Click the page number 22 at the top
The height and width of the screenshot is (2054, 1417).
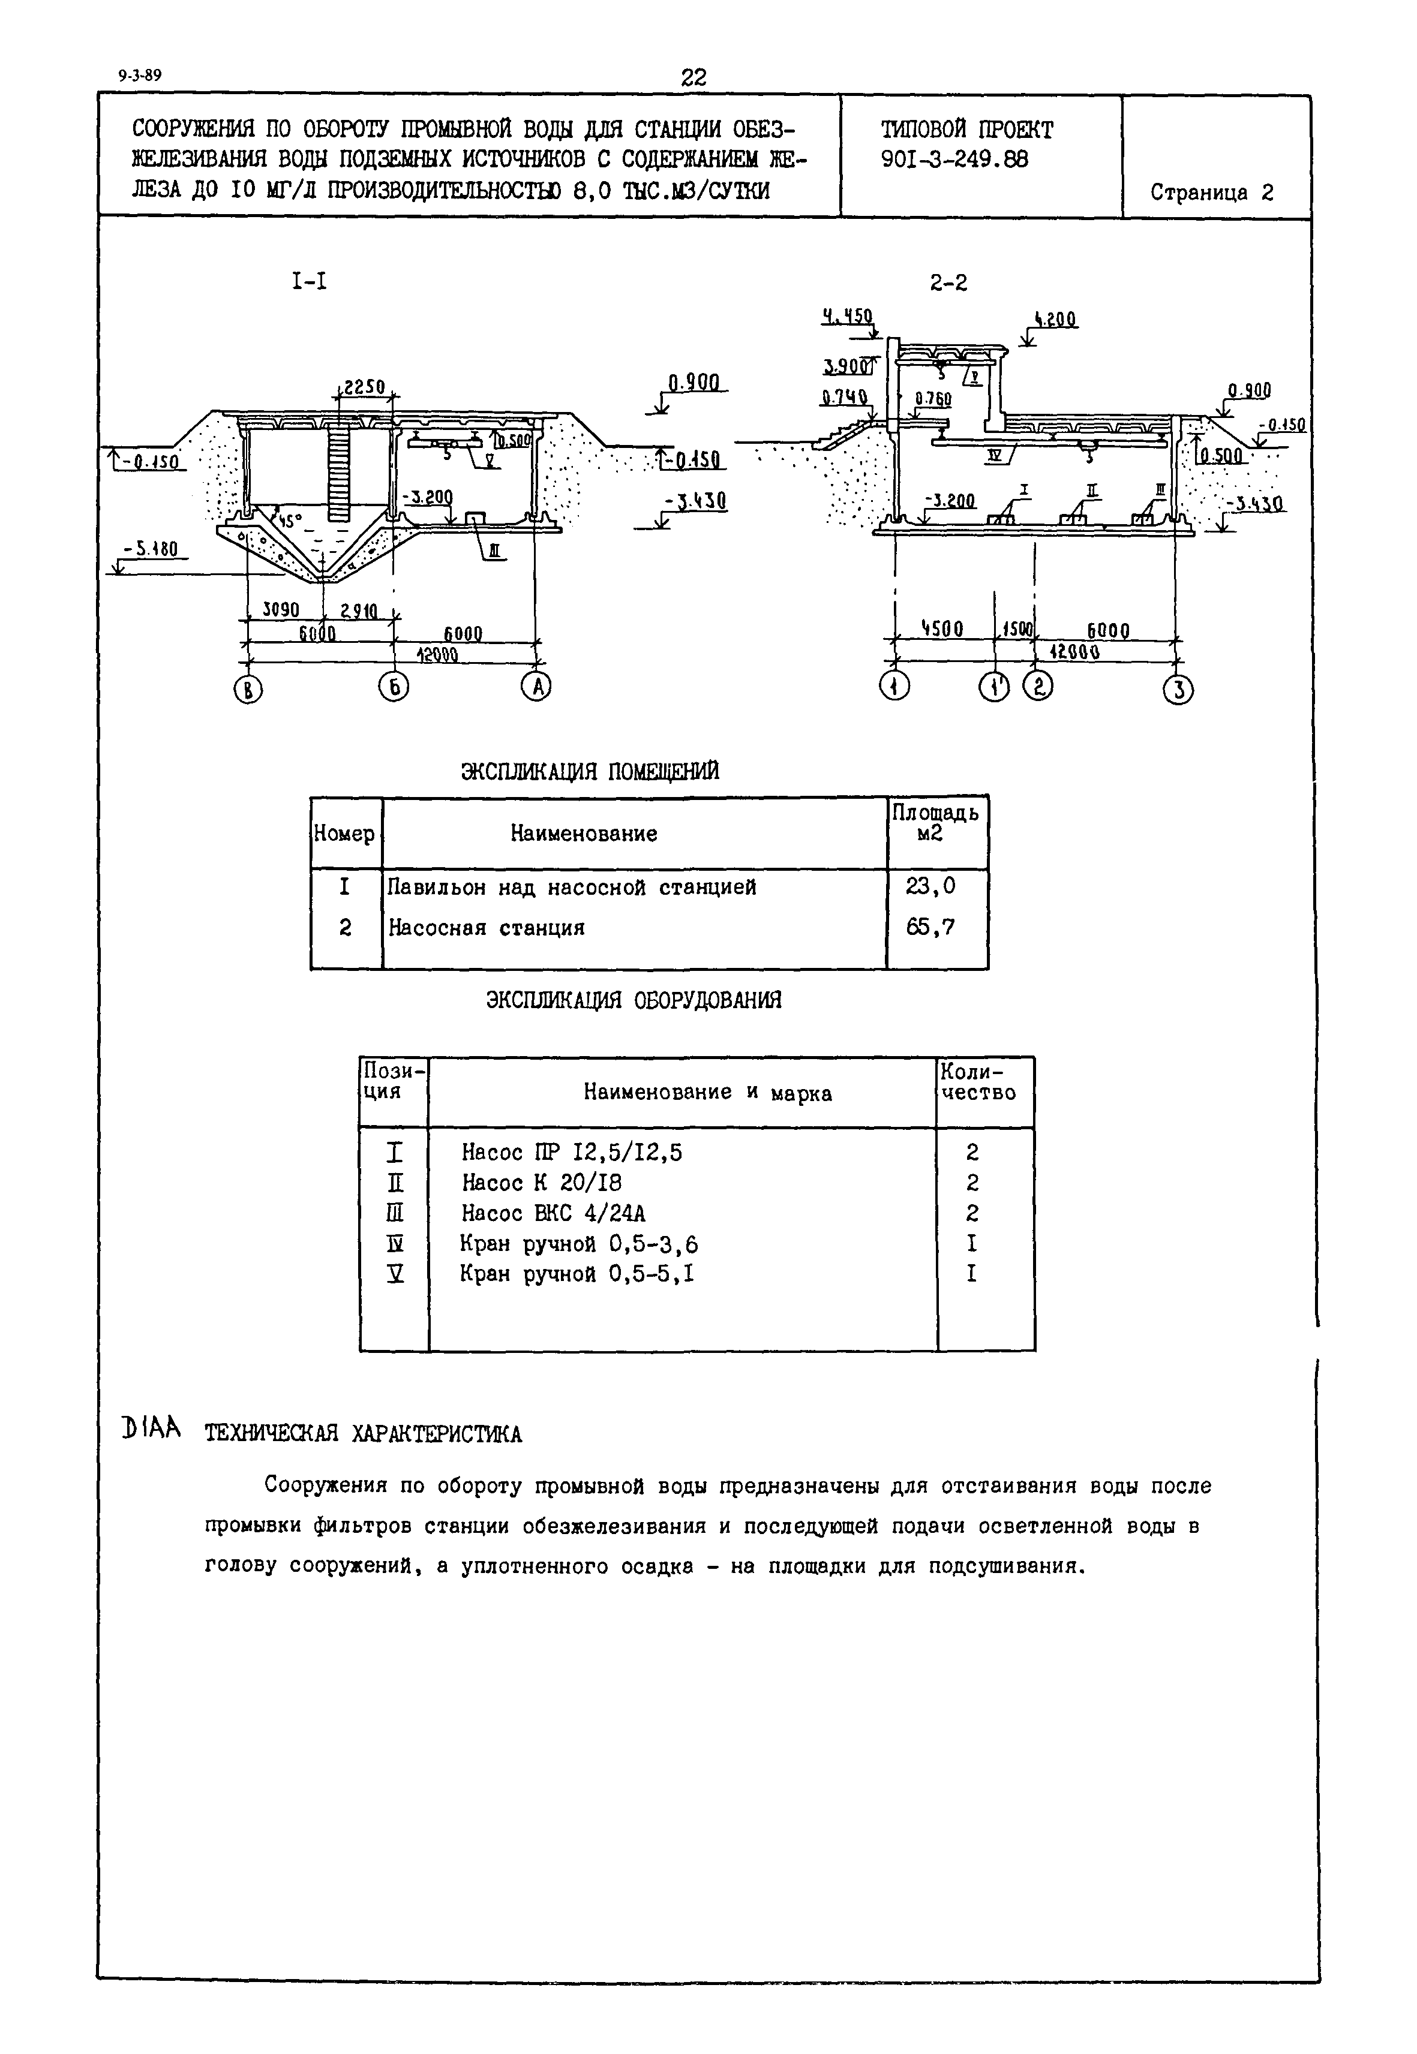(694, 78)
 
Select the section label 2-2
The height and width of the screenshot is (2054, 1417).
(948, 282)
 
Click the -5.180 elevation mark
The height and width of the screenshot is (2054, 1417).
(151, 551)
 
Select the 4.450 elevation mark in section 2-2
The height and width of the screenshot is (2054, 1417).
(847, 316)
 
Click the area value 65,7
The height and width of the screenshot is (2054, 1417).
(930, 928)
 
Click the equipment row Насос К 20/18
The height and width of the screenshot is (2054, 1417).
(542, 1183)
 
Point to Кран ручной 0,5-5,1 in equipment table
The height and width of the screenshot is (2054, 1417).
(577, 1274)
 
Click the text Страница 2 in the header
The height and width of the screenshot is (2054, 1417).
(1212, 193)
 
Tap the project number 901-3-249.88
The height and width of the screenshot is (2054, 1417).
(954, 160)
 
